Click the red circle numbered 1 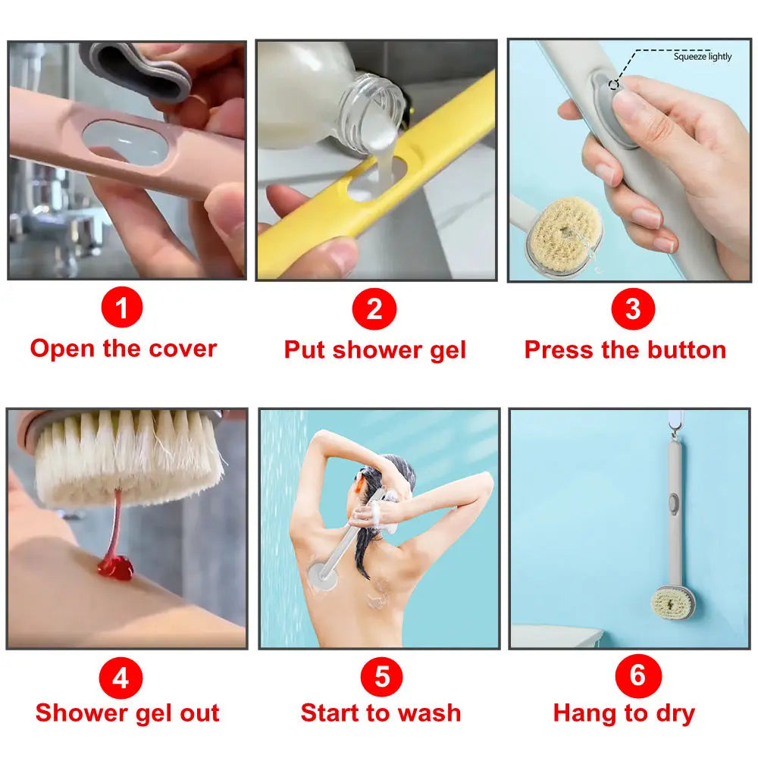pos(122,309)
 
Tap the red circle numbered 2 pos(374,309)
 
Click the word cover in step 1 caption pos(183,349)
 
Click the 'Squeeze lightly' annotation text pos(703,57)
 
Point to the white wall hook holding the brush pos(675,421)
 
